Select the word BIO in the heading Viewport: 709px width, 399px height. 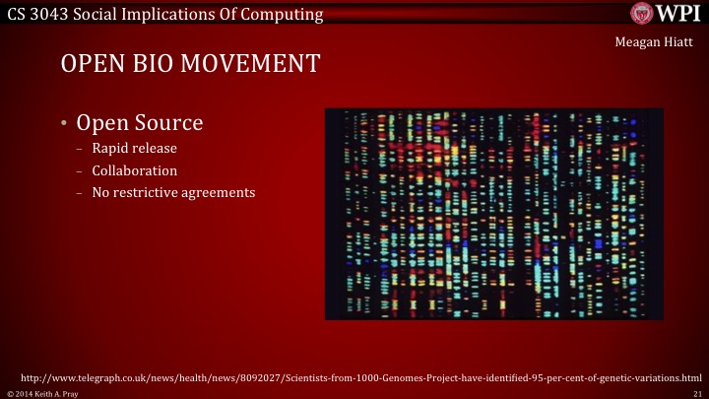[x=153, y=64]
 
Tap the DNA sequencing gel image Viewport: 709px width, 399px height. [x=493, y=213]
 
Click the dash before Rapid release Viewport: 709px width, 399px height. [x=80, y=150]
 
